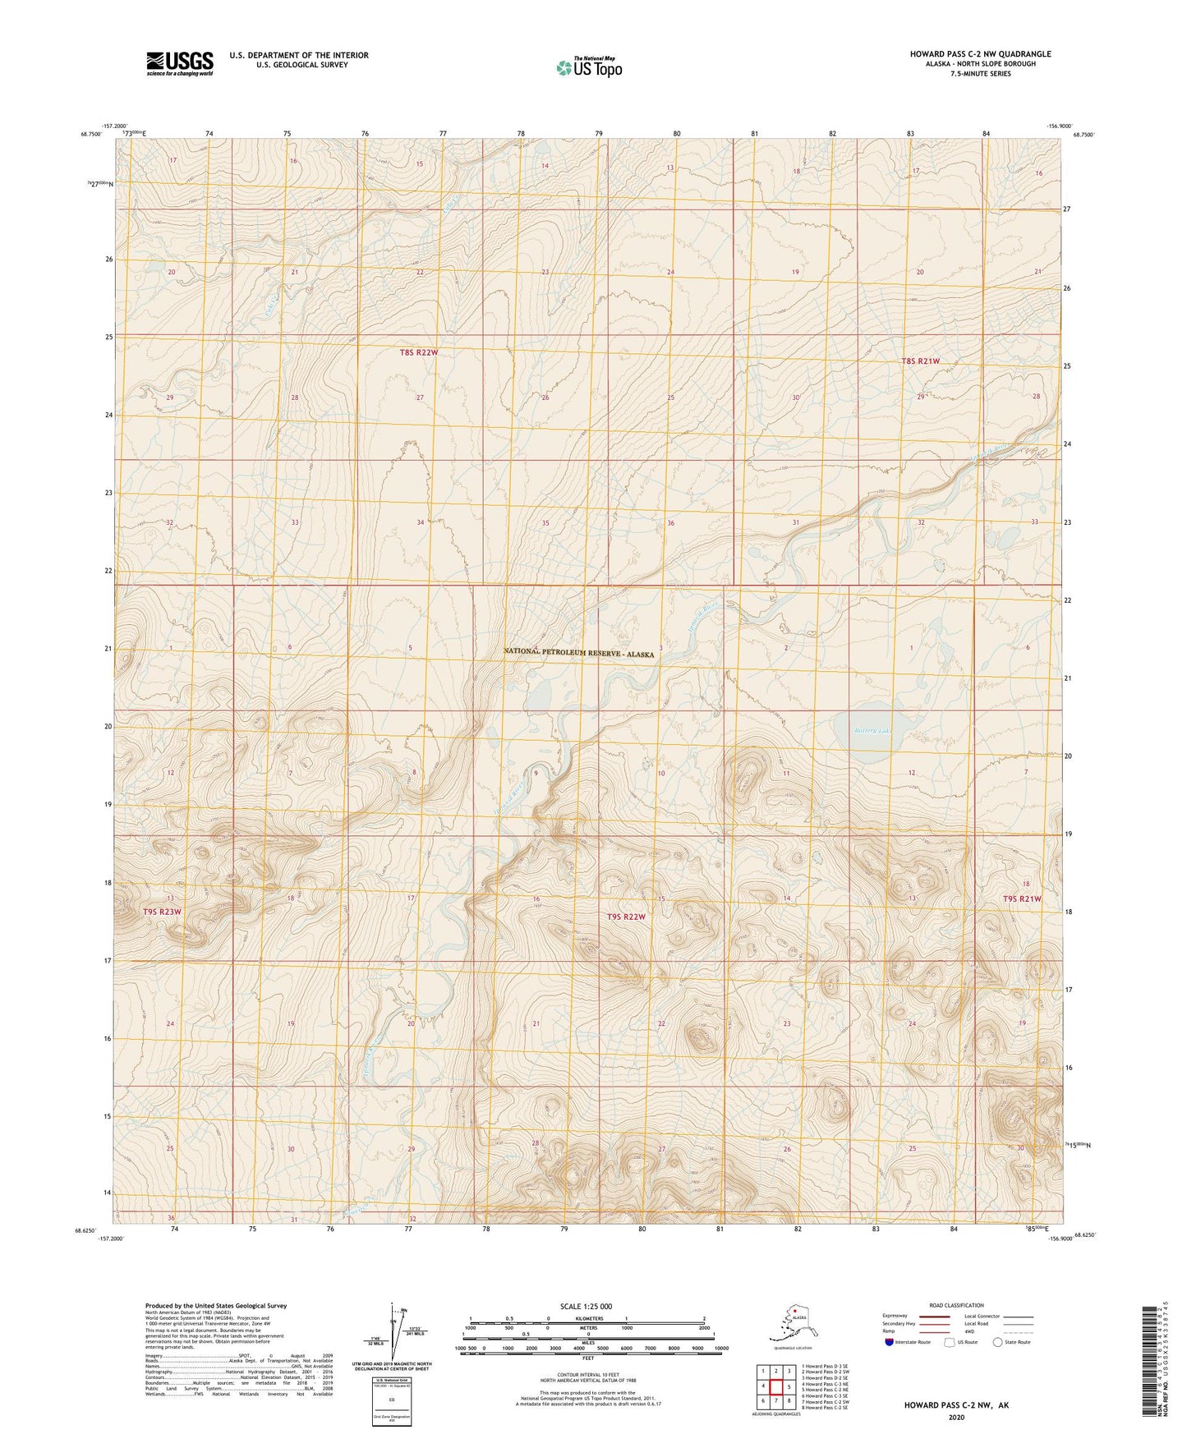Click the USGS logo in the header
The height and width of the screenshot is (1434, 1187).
pos(179,63)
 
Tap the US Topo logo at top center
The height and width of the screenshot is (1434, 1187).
pos(588,67)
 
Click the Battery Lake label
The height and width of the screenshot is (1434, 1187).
pos(872,730)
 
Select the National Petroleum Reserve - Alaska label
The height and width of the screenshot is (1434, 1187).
pos(579,653)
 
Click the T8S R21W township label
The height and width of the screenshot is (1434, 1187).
pos(920,361)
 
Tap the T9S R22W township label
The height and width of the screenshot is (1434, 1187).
pos(626,917)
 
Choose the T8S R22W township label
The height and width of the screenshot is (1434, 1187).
pos(418,352)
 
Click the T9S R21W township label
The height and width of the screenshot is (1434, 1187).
pos(1021,899)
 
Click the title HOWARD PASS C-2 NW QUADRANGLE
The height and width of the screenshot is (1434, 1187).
pos(980,54)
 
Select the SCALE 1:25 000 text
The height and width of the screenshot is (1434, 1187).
pos(587,1306)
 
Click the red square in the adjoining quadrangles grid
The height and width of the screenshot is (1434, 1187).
pos(775,1386)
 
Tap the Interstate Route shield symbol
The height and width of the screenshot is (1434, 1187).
pos(890,1342)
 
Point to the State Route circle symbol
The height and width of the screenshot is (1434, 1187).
pos(998,1342)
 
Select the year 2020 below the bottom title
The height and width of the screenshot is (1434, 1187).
pos(956,1417)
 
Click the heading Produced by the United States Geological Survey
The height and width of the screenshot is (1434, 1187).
pos(216,1305)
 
